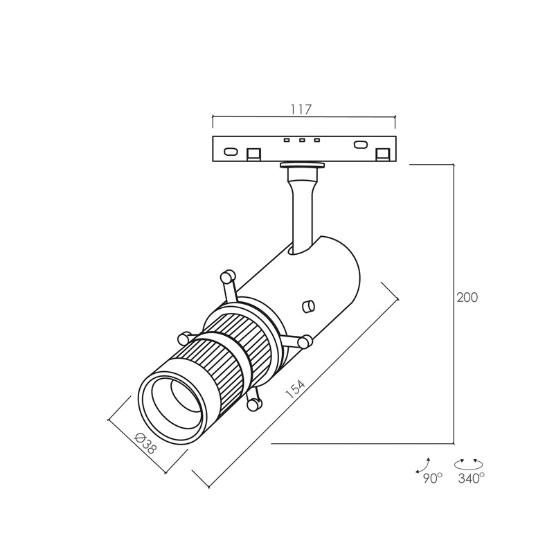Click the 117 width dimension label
302,109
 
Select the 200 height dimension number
467,298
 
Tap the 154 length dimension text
295,389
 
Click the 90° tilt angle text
432,479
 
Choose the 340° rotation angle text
471,479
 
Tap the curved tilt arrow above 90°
423,465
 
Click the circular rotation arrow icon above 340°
469,464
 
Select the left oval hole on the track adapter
231,152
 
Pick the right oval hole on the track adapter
360,145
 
